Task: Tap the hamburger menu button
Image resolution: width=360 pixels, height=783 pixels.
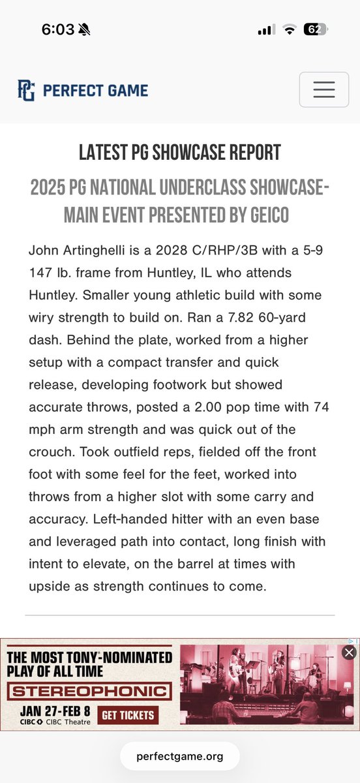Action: [x=323, y=89]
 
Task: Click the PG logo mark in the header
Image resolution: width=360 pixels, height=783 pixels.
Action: [x=26, y=90]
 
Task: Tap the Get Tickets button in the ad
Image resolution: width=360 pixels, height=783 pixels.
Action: [x=128, y=714]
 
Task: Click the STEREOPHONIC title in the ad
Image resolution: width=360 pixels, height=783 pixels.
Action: [x=89, y=692]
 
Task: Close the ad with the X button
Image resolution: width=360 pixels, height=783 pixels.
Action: [x=350, y=652]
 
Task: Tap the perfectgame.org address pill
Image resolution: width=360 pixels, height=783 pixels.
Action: [x=180, y=756]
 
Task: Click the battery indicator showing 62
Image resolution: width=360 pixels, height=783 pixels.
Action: [x=316, y=30]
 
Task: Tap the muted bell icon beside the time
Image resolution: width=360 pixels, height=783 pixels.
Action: [x=84, y=30]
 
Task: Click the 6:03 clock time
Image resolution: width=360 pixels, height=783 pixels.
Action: [x=58, y=30]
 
